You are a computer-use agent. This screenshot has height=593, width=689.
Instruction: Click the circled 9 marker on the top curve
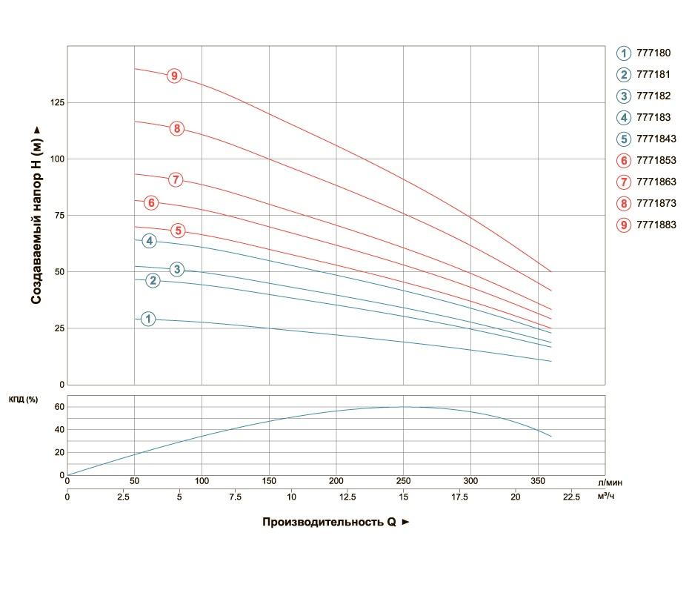[174, 76]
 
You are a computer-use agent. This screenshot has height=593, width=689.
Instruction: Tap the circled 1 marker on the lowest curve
[148, 319]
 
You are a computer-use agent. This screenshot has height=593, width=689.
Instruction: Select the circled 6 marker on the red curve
[151, 202]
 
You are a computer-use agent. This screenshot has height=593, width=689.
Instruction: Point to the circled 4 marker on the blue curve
[150, 241]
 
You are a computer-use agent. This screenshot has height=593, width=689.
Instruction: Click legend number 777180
[653, 53]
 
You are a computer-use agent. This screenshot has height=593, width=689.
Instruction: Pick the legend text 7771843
[656, 139]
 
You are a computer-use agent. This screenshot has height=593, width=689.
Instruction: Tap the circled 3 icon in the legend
[624, 96]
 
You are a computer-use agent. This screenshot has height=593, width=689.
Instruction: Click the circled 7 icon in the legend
[624, 182]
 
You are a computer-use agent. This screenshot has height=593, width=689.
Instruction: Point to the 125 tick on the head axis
[56, 102]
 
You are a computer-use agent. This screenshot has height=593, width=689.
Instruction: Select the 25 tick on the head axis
[59, 328]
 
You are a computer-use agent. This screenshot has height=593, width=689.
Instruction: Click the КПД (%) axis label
[23, 400]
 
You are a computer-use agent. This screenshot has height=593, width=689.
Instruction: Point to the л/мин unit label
[615, 483]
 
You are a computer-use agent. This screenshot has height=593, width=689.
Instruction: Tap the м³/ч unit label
[607, 496]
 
